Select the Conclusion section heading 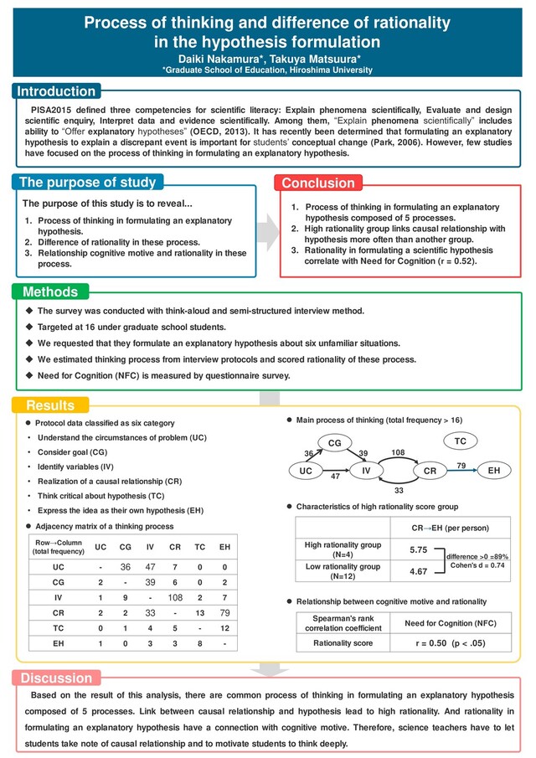318,183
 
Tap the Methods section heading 50,292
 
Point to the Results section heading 50,405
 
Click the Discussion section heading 56,678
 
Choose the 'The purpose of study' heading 88,182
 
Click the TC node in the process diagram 461,440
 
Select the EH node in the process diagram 494,472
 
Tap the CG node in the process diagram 333,441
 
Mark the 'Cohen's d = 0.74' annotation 476,565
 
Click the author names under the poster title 268,59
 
